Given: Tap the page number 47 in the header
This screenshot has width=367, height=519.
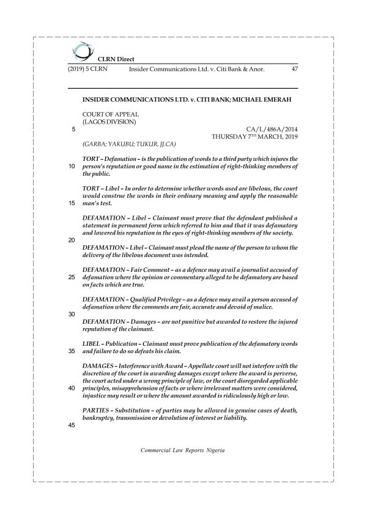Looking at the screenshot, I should tap(295, 69).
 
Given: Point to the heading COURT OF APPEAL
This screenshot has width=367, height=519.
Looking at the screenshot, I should tap(111, 114).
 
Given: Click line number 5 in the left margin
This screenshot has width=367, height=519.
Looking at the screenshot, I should tap(73, 129).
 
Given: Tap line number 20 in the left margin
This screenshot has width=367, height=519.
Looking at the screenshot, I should tap(72, 240).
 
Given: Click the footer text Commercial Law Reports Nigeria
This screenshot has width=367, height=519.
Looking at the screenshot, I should tap(183, 450).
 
